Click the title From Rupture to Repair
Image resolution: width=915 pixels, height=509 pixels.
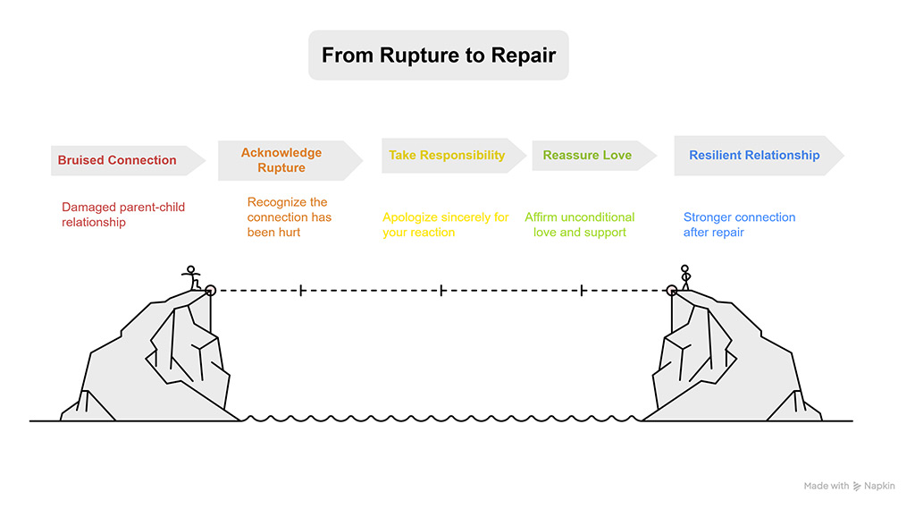[439, 55]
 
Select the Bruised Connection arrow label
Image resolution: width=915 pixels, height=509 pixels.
[117, 160]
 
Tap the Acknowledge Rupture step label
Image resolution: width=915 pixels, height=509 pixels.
[281, 160]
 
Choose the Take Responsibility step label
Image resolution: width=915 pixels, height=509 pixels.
[447, 155]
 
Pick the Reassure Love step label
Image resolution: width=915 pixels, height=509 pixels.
[587, 155]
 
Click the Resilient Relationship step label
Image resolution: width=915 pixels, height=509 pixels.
[754, 155]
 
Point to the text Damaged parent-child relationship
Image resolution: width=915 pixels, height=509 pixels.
[123, 215]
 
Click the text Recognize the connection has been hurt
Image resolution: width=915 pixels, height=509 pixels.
[290, 217]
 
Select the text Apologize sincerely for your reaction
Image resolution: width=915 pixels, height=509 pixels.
[446, 225]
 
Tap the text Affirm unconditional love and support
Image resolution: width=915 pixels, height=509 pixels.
[580, 225]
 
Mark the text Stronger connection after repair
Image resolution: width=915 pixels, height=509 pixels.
[739, 225]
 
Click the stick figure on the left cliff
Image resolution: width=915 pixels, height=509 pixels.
[190, 277]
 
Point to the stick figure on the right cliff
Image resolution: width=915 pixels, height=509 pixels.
[685, 277]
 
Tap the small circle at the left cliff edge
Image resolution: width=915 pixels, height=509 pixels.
[211, 290]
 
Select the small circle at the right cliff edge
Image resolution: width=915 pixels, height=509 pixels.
[672, 290]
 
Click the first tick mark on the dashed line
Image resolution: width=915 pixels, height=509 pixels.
[301, 290]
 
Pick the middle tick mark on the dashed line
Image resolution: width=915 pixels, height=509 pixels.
[441, 290]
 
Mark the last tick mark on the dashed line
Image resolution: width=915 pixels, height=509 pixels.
[582, 290]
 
